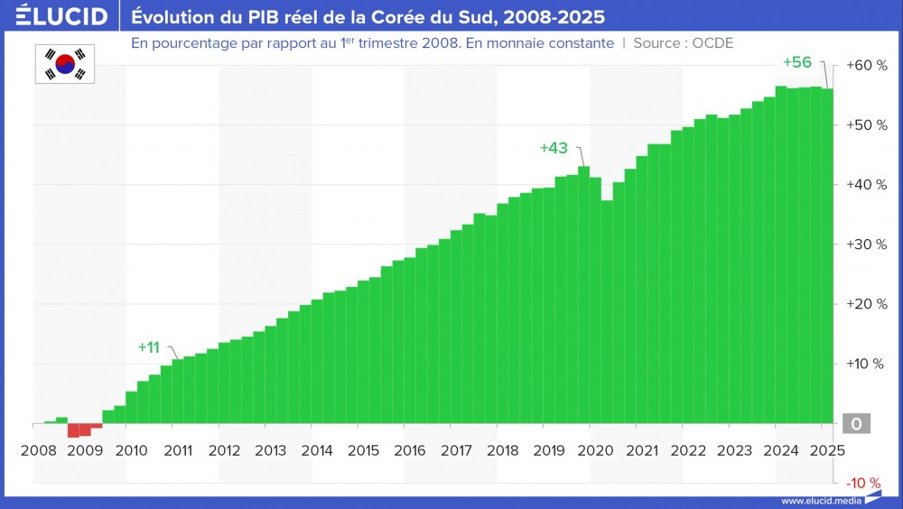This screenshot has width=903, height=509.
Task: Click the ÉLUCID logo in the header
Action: (56, 16)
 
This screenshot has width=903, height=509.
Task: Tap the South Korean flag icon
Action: (65, 63)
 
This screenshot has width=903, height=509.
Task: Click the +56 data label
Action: (796, 62)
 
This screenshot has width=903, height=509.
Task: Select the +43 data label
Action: (553, 148)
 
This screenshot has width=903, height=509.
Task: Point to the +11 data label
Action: (148, 347)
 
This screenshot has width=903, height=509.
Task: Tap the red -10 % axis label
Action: (863, 482)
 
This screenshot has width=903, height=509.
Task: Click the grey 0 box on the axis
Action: (856, 423)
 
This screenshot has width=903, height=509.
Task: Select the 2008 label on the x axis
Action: (38, 450)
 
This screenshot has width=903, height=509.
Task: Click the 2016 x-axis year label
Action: (410, 450)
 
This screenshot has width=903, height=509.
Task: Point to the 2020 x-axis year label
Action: (596, 450)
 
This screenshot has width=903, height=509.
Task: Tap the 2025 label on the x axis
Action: (828, 450)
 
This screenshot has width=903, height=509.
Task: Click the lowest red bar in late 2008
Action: (73, 430)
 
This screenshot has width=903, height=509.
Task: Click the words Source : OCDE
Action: (684, 43)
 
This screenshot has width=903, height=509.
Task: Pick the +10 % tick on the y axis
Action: (865, 364)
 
